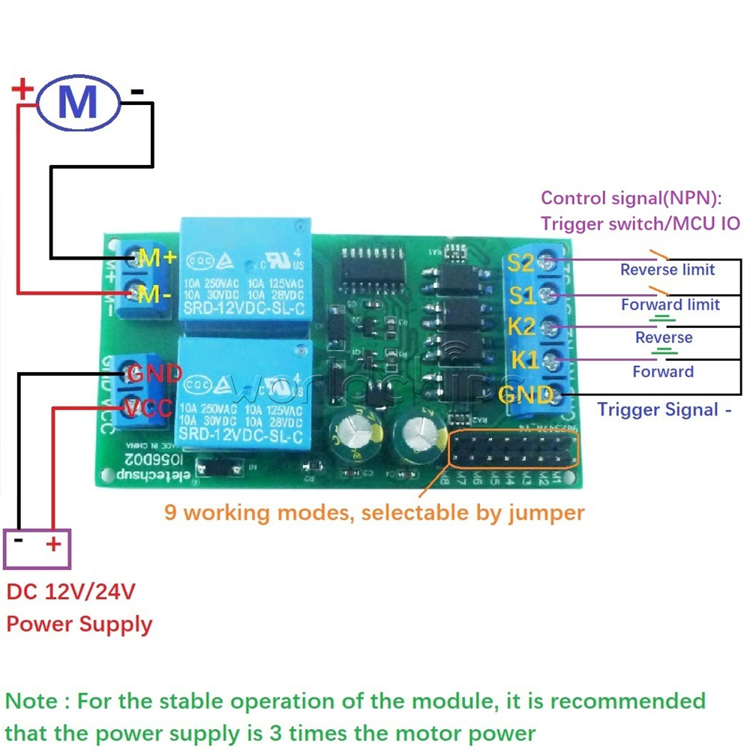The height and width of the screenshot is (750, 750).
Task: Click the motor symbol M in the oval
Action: [x=78, y=102]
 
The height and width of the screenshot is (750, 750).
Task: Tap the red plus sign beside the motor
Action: [x=22, y=91]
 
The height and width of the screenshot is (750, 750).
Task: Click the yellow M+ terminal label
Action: [x=157, y=258]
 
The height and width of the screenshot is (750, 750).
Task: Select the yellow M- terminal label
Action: [x=155, y=294]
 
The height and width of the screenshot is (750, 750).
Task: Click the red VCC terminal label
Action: [x=149, y=409]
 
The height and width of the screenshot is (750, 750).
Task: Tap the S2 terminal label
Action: [x=520, y=262]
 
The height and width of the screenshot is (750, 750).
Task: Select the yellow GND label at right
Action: [x=526, y=395]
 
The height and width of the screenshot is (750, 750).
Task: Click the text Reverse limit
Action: [x=667, y=270]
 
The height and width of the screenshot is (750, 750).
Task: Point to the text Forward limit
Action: [x=670, y=304]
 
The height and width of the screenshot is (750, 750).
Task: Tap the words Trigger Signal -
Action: [x=663, y=409]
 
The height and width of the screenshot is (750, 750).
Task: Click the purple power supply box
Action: [x=37, y=547]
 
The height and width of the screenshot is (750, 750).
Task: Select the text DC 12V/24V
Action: [x=70, y=592]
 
